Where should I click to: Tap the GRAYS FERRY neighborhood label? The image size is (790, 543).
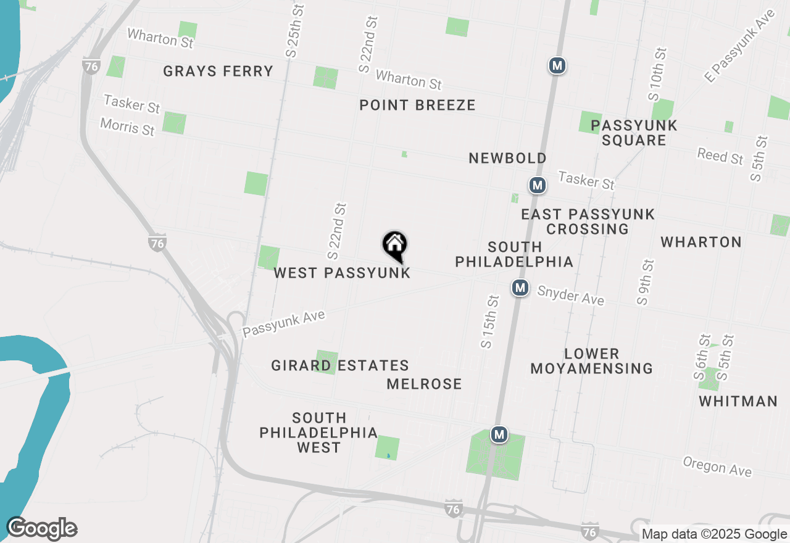(218, 71)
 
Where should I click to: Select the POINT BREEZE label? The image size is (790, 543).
(417, 105)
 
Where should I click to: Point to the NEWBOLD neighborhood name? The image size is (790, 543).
(507, 158)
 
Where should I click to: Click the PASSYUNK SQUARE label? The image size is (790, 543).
(634, 133)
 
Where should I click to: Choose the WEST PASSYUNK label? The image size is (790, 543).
(342, 273)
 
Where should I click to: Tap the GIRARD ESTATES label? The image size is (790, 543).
(340, 365)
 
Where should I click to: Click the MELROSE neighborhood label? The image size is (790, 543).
(424, 384)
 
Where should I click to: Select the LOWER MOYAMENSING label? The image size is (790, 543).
(591, 361)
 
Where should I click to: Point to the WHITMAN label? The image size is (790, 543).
(738, 401)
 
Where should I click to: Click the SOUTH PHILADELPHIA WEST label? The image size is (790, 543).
(318, 433)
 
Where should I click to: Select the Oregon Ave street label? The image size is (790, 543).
(717, 466)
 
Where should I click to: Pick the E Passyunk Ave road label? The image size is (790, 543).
(739, 46)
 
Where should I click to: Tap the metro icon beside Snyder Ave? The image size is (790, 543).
(520, 288)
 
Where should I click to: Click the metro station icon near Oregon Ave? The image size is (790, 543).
(499, 435)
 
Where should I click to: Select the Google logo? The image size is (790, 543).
(41, 529)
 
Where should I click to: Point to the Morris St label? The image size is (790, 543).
(128, 127)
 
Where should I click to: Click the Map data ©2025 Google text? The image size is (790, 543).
(714, 534)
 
